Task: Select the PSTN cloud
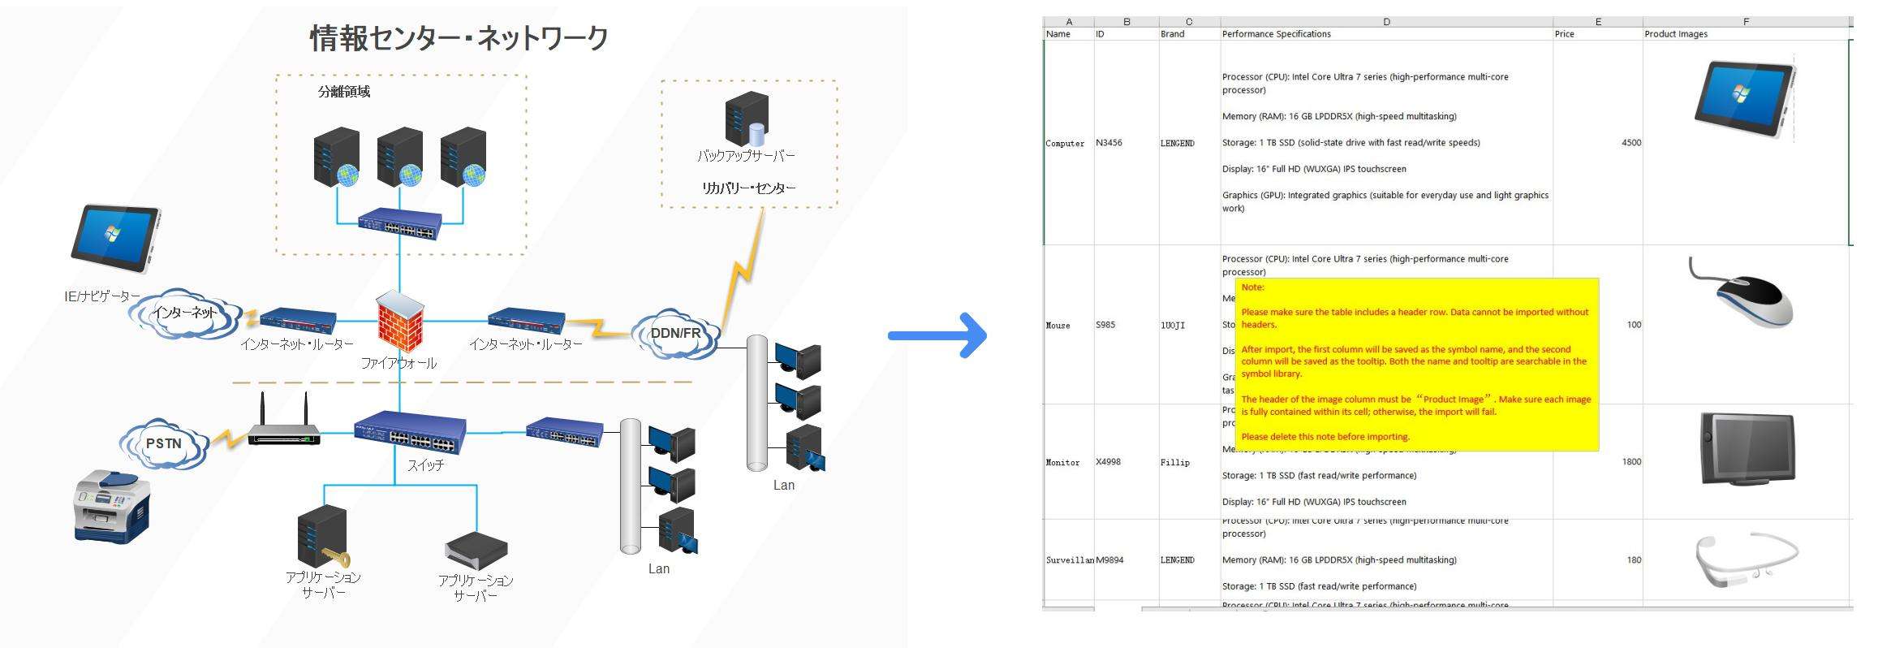click(164, 443)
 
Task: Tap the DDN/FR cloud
click(675, 334)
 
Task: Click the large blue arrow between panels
click(938, 334)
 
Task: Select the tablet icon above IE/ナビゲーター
click(116, 240)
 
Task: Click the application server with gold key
click(324, 537)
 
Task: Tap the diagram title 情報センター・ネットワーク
click(459, 38)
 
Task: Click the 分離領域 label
click(344, 92)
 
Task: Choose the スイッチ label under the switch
click(425, 465)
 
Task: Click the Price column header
click(1564, 34)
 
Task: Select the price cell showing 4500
click(1630, 143)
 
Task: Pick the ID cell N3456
click(1109, 143)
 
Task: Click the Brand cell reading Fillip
click(1174, 462)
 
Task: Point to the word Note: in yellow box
click(1252, 287)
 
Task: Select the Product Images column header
click(1676, 34)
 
